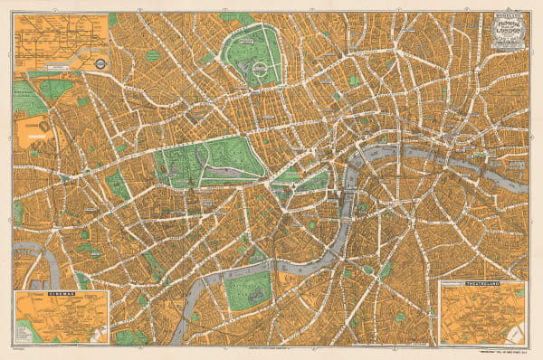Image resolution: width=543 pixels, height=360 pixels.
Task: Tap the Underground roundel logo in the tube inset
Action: click(102, 64)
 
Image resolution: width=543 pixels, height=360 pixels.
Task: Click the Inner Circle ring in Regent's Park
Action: click(250, 65)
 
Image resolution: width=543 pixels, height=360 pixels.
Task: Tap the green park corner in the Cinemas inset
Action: click(27, 336)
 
